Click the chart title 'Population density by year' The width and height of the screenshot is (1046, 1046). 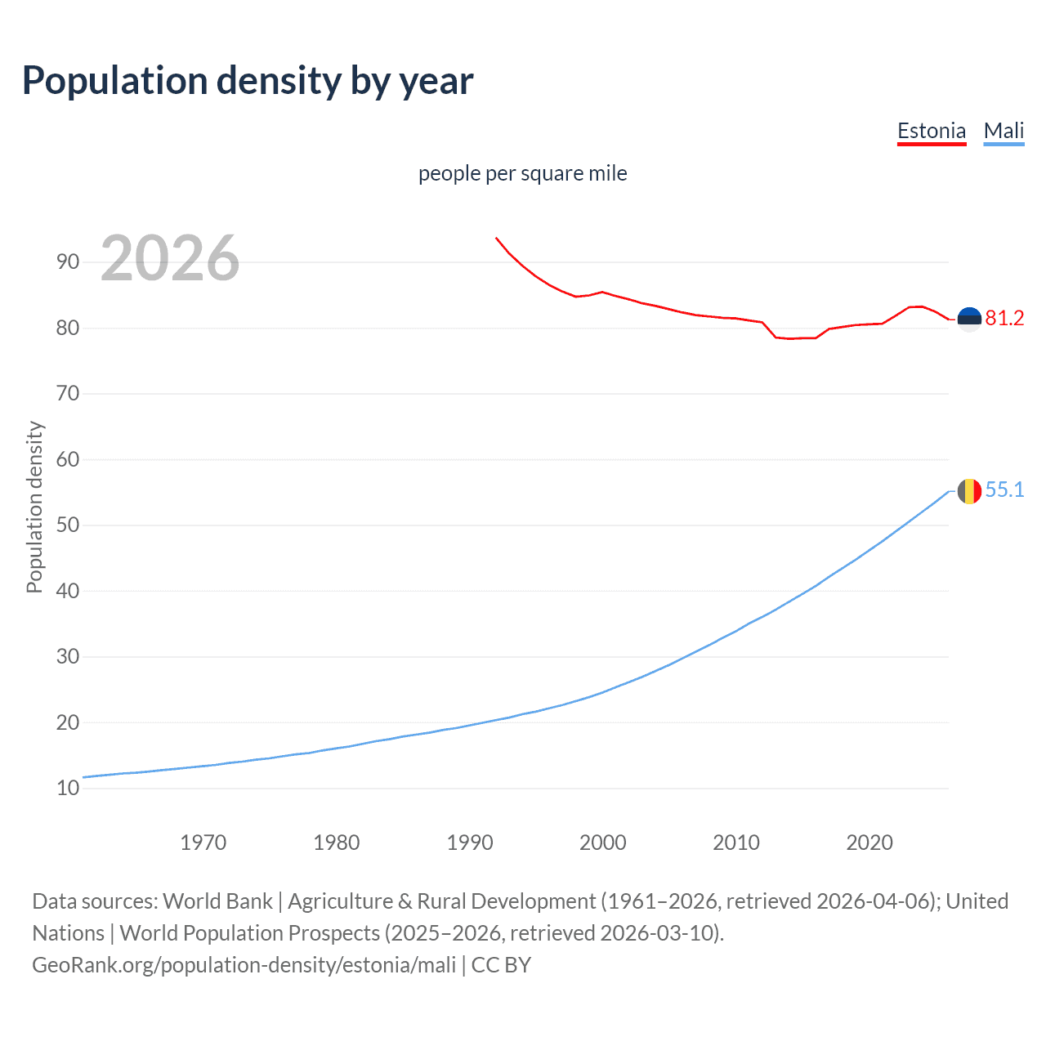point(248,81)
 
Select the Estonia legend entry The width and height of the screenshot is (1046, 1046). point(932,131)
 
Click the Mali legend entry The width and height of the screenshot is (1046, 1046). point(1004,131)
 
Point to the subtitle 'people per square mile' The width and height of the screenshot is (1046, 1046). point(522,173)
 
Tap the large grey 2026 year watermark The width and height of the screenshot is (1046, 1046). point(170,258)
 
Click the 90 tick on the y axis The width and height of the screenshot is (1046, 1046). point(68,262)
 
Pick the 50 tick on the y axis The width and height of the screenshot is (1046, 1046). point(68,525)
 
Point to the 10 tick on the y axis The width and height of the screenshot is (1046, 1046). point(68,789)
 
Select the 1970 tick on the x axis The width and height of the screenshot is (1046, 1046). point(203,843)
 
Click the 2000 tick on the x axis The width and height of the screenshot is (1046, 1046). point(602,843)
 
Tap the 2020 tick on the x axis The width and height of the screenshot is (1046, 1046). point(869,843)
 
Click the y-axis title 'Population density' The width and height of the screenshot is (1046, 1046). point(34,507)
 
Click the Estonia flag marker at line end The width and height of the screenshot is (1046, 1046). point(969,320)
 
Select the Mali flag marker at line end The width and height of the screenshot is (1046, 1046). point(969,491)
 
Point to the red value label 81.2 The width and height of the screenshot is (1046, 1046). point(1004,319)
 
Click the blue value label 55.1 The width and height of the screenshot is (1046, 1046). point(1004,490)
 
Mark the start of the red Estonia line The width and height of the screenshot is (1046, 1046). point(496,238)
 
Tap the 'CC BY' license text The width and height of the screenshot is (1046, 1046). point(501,965)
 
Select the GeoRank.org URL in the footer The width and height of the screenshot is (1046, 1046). point(244,965)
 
